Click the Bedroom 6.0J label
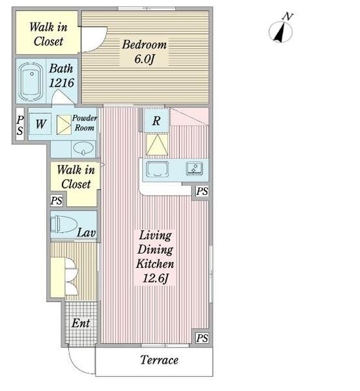145,51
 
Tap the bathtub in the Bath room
31,82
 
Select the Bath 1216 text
61,76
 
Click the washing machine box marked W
40,124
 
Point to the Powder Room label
85,123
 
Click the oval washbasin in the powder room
83,149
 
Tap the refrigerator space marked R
156,121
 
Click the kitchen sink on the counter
157,169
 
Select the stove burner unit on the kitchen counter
195,168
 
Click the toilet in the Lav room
64,224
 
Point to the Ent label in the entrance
81,323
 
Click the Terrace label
159,360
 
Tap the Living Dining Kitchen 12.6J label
155,257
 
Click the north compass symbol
281,29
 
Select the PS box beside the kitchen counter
202,192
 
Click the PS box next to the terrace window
202,338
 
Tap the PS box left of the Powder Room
20,125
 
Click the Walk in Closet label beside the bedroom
48,34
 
